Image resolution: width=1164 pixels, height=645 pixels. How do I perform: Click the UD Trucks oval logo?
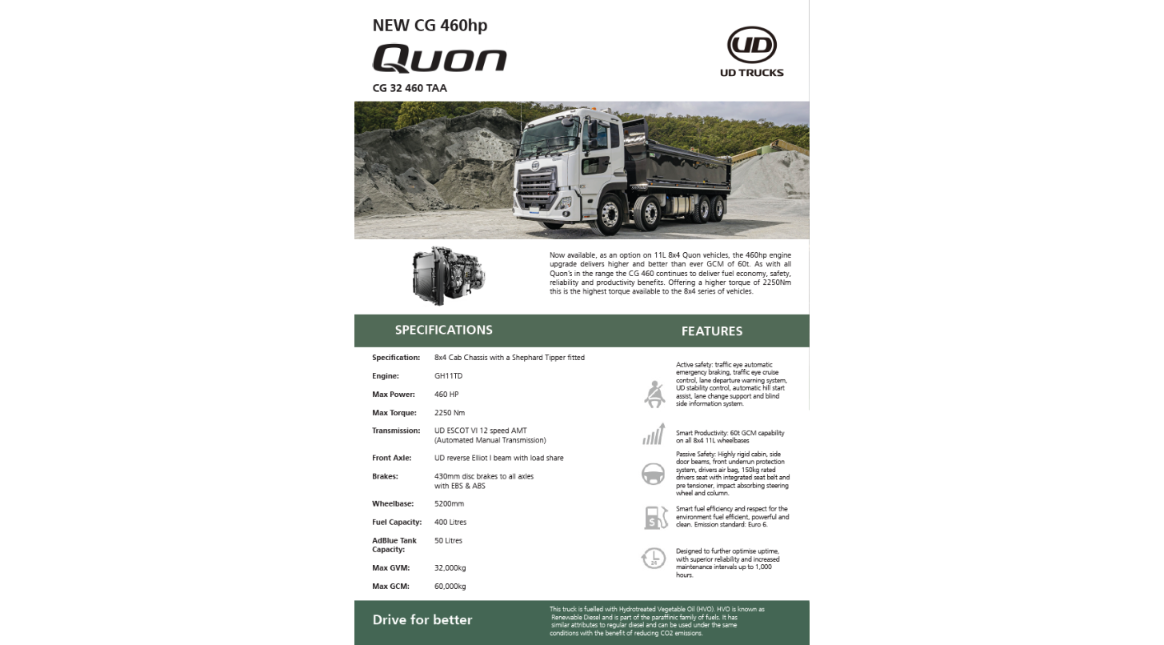pyautogui.click(x=751, y=45)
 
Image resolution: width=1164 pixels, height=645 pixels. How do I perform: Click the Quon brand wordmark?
pyautogui.click(x=439, y=58)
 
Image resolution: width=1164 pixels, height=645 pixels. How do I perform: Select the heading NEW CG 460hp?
pyautogui.click(x=430, y=25)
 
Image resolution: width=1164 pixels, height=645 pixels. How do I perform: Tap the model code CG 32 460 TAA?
pyautogui.click(x=410, y=88)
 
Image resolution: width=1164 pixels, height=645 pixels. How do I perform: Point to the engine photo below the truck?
pyautogui.click(x=448, y=276)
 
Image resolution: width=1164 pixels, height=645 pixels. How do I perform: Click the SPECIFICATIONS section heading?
pyautogui.click(x=443, y=330)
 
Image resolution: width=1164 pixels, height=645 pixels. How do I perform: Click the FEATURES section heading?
pyautogui.click(x=711, y=331)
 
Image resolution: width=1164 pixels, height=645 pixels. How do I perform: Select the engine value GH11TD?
pyautogui.click(x=448, y=376)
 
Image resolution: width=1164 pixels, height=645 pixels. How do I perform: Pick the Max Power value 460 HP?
pyautogui.click(x=446, y=395)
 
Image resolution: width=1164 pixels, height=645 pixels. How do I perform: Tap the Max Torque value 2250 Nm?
pyautogui.click(x=449, y=413)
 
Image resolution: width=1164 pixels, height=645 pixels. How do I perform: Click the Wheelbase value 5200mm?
pyautogui.click(x=449, y=504)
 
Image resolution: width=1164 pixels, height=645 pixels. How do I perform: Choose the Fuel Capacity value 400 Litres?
pyautogui.click(x=450, y=523)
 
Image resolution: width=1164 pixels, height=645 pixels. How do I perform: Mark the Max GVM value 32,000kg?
pyautogui.click(x=450, y=568)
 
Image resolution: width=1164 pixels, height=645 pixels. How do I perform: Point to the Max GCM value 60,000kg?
pyautogui.click(x=450, y=587)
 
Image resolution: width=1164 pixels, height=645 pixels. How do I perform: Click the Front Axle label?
pyautogui.click(x=392, y=459)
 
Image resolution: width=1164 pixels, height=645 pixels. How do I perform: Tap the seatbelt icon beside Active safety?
pyautogui.click(x=654, y=394)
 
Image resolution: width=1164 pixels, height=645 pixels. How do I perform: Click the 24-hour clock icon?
pyautogui.click(x=654, y=558)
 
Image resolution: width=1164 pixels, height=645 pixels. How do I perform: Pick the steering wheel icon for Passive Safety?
pyautogui.click(x=654, y=474)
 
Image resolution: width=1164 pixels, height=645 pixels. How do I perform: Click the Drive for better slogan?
pyautogui.click(x=422, y=620)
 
